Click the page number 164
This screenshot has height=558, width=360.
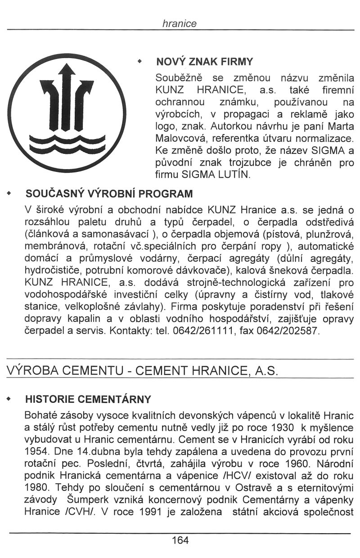click(180, 540)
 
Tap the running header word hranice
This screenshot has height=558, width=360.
click(180, 24)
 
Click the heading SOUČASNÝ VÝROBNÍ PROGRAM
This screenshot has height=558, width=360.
click(109, 194)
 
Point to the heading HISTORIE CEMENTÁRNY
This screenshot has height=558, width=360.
click(88, 399)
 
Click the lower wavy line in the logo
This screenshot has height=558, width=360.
click(67, 148)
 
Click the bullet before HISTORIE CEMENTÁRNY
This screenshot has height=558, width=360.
click(10, 399)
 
